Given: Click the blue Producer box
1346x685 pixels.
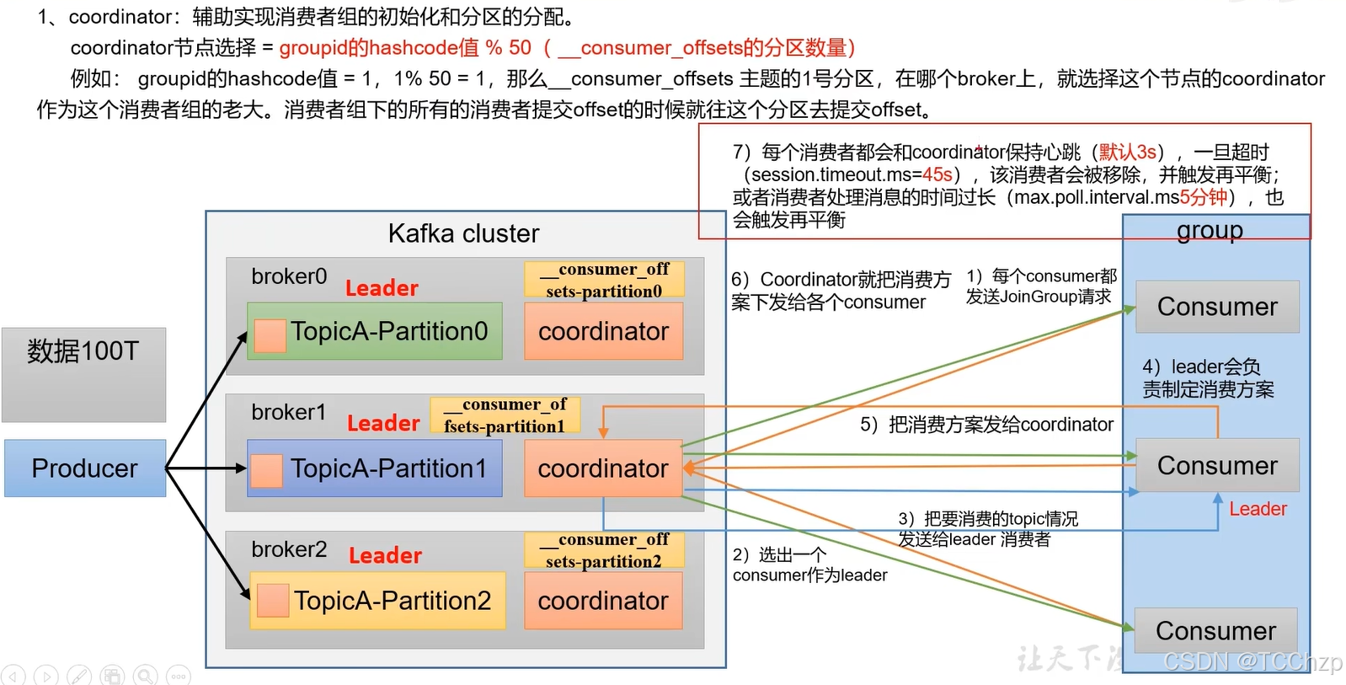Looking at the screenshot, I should tap(84, 468).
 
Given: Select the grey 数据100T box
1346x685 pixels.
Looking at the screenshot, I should tap(83, 374).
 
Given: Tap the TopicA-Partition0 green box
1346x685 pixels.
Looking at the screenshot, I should tap(375, 331).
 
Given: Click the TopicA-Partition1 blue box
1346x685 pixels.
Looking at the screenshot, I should tap(375, 468).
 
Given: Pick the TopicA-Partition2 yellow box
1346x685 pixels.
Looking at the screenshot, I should tap(377, 600).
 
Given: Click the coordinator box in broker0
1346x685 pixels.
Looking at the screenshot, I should tap(603, 331).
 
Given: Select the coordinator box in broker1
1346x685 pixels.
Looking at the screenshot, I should tap(603, 468).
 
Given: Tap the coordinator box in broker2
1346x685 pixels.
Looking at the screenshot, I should tap(603, 600).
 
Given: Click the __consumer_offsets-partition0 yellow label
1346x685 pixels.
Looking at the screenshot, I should tap(604, 280).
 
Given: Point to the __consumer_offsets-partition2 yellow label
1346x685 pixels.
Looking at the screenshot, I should tap(604, 550).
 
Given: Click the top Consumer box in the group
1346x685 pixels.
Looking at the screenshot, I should tap(1217, 307).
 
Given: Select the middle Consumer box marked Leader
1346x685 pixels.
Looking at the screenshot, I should tap(1217, 465).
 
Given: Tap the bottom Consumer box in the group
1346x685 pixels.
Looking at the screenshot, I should tap(1215, 630).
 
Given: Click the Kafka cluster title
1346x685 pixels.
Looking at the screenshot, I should tap(463, 233).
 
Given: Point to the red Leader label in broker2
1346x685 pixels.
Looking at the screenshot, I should tap(385, 555).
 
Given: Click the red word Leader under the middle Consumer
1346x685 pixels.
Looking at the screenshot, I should tap(1258, 509).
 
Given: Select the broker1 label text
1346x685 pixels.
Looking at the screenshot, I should tap(288, 412).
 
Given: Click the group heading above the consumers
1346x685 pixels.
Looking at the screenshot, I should tap(1210, 230).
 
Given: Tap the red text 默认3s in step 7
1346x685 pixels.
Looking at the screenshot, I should tap(1127, 152).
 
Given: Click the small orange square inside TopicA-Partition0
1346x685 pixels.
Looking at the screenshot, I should tap(270, 335).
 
